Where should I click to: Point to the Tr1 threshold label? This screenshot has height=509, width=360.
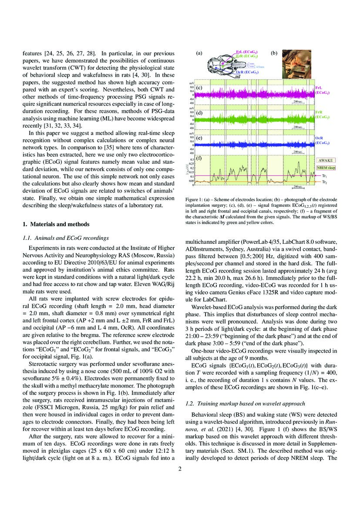click(x=325, y=175)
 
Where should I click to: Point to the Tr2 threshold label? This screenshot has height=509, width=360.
click(x=325, y=182)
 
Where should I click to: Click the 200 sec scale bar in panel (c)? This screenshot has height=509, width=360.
click(x=299, y=101)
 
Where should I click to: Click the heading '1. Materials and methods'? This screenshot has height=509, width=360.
click(x=57, y=224)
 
